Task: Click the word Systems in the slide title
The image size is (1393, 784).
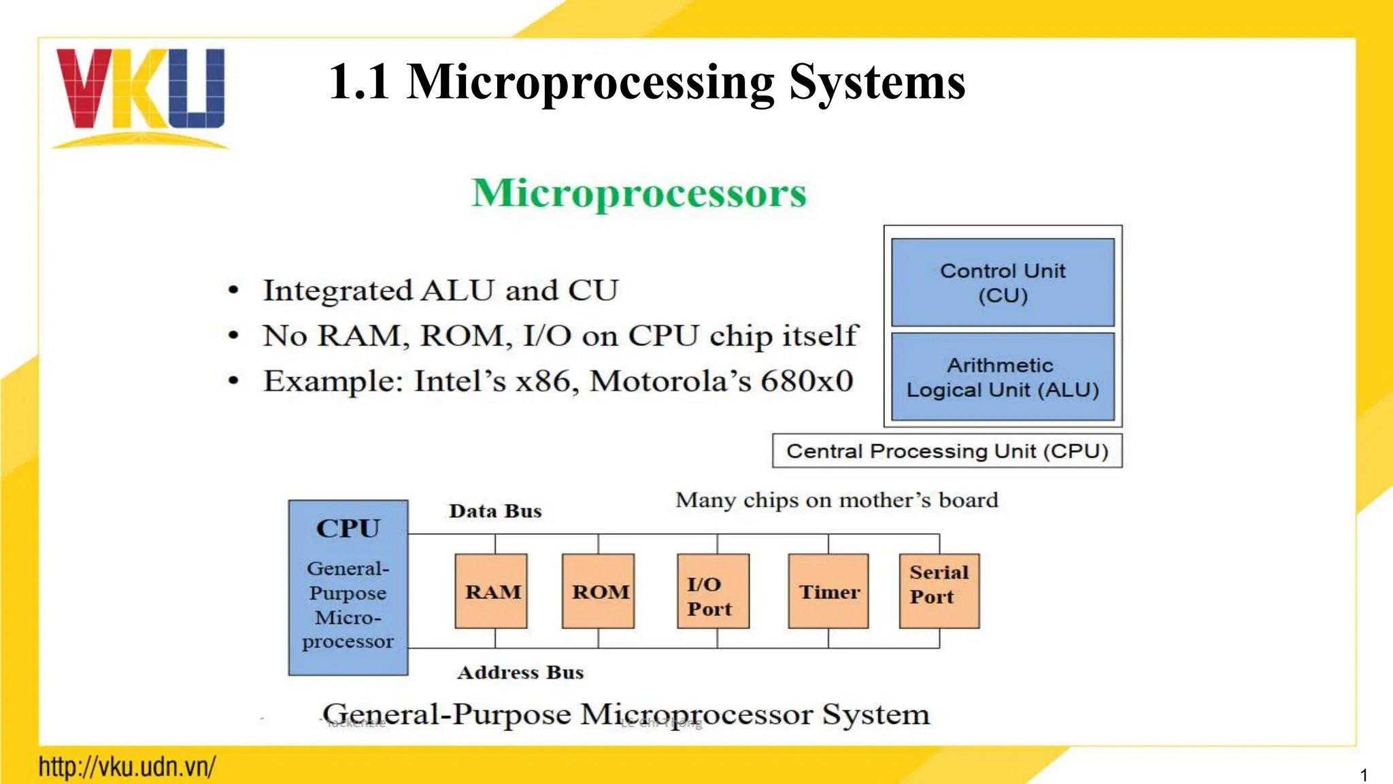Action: tap(877, 82)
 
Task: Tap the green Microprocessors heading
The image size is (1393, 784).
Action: tap(639, 193)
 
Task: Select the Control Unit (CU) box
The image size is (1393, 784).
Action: tap(1003, 282)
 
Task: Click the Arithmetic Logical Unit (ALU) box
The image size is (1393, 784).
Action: tap(1003, 377)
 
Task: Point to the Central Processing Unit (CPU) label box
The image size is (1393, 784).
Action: tap(947, 451)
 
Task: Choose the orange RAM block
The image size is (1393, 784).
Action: tap(491, 591)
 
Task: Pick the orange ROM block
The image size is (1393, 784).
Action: tap(599, 591)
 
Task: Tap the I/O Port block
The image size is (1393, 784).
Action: tap(713, 591)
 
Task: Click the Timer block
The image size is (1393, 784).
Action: tap(828, 591)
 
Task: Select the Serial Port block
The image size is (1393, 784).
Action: tap(939, 591)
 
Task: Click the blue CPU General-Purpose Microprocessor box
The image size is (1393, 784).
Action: tap(348, 588)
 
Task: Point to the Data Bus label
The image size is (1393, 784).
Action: tap(495, 511)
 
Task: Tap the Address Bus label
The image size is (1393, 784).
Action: tap(520, 672)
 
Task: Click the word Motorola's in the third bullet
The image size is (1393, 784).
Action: tap(670, 381)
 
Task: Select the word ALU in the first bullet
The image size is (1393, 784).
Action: tap(457, 291)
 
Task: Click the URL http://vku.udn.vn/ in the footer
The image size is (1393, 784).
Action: tap(127, 767)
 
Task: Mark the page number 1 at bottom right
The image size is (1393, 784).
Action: tap(1364, 774)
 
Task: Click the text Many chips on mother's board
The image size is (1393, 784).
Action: tap(837, 500)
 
